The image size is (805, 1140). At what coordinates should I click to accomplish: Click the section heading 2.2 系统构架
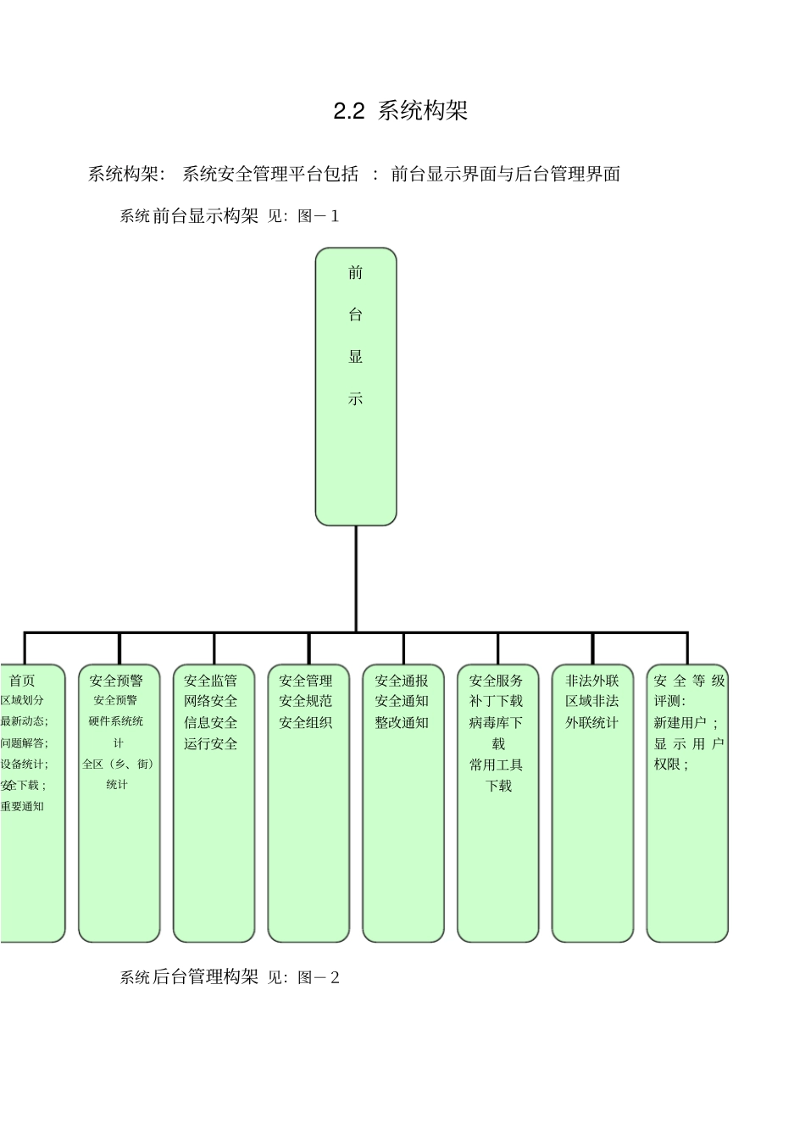[x=400, y=111]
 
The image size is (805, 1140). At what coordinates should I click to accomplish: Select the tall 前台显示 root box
[x=356, y=386]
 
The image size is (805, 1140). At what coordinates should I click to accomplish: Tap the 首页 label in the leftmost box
[x=23, y=681]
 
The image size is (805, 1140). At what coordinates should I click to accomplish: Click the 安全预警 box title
[x=117, y=681]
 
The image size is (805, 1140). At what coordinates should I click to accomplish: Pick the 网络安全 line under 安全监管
[x=211, y=702]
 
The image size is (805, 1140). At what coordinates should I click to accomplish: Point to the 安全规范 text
[x=306, y=702]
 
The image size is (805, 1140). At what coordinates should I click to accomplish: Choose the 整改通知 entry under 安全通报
[x=402, y=723]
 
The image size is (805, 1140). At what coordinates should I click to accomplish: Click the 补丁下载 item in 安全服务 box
[x=497, y=702]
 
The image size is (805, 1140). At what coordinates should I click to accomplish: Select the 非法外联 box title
[x=592, y=681]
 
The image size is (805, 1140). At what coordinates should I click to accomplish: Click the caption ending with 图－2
[x=230, y=977]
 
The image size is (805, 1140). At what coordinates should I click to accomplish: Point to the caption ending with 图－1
[x=230, y=216]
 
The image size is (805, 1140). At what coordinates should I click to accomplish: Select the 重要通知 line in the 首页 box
[x=23, y=806]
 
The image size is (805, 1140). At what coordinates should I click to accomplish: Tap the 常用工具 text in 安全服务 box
[x=497, y=765]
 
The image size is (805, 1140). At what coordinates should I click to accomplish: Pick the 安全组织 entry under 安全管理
[x=306, y=723]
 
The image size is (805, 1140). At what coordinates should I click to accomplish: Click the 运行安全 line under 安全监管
[x=211, y=744]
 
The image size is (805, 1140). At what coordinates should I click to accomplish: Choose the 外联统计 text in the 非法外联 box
[x=592, y=723]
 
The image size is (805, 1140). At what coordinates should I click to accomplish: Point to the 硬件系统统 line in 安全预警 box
[x=117, y=721]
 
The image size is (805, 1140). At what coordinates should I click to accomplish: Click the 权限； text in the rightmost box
[x=671, y=765]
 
